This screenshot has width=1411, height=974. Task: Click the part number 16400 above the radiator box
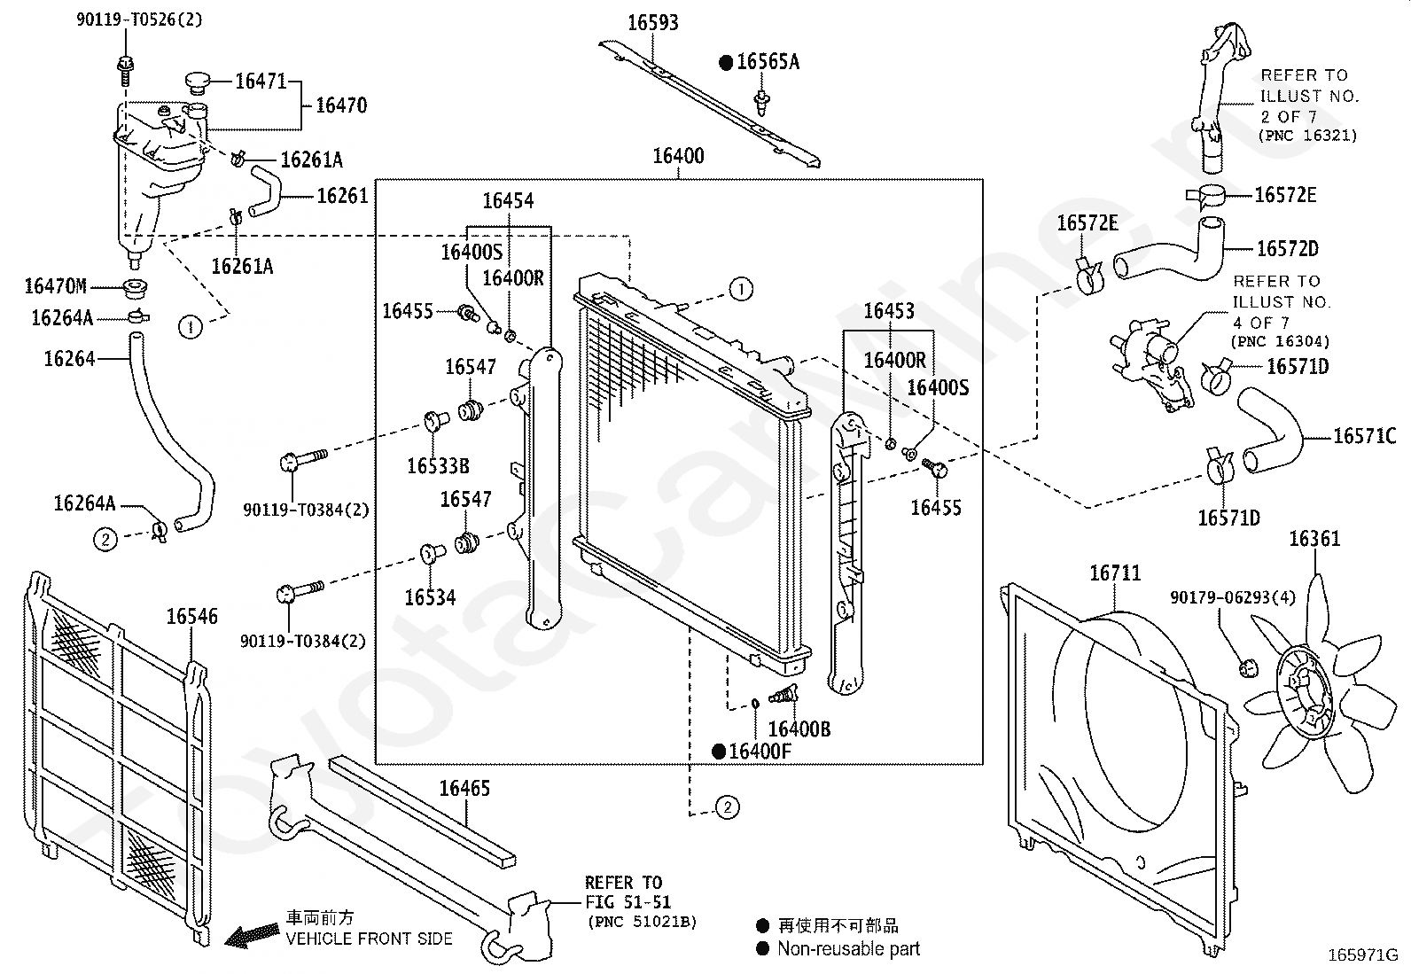pos(678,157)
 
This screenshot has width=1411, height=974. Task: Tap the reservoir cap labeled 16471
pos(197,83)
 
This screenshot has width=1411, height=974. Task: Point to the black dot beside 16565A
pos(726,62)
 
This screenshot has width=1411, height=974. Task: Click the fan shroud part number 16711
pos(1115,574)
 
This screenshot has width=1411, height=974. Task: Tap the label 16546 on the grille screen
pos(192,617)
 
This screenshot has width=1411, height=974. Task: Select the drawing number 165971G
pos(1362,955)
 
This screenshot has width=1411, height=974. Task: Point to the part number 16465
pos(464,788)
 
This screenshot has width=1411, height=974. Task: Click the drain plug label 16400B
pos(799,729)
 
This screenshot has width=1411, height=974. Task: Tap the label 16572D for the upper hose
pos(1287,249)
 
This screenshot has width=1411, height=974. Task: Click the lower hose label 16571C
pos(1364,436)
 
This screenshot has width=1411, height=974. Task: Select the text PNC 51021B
pos(641,923)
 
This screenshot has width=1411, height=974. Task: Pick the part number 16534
pos(430,597)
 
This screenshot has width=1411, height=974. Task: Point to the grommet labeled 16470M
pos(136,287)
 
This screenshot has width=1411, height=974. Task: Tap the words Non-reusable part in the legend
pos(848,949)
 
